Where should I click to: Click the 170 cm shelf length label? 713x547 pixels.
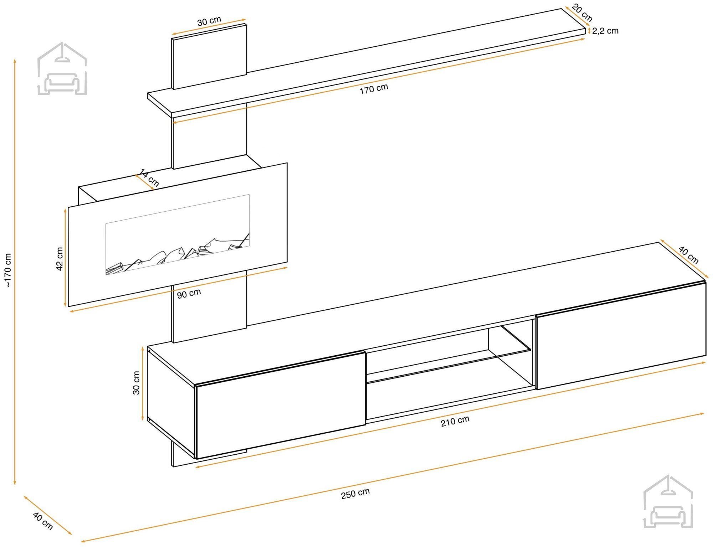click(374, 89)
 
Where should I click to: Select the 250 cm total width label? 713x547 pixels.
click(355, 494)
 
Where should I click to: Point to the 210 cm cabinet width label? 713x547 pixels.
click(455, 421)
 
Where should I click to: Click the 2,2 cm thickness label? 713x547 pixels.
click(605, 31)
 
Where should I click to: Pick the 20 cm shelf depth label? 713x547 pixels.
click(582, 13)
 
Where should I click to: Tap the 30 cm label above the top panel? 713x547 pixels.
click(209, 21)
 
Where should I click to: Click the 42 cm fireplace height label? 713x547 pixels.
click(60, 259)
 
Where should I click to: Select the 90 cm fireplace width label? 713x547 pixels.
click(189, 294)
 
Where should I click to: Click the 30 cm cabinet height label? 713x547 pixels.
click(136, 383)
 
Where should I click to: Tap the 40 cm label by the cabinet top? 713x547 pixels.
click(688, 255)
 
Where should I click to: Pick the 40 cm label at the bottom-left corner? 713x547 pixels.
click(43, 521)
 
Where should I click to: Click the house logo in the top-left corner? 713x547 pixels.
click(62, 68)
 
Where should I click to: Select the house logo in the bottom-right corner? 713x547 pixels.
click(668, 501)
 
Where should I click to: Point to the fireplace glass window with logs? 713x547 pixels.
click(178, 234)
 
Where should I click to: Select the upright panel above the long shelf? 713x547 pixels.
click(209, 56)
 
